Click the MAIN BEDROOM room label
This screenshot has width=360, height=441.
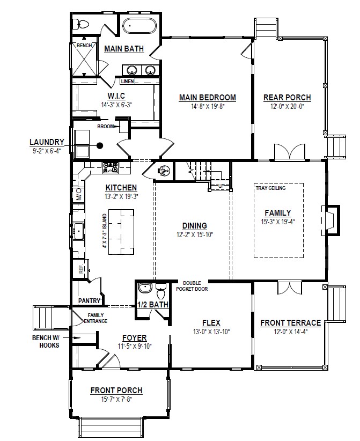[x=207, y=97]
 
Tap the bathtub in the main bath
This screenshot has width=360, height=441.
[x=139, y=27]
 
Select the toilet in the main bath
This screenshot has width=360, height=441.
[x=82, y=24]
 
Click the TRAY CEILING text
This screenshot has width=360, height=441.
[x=270, y=188]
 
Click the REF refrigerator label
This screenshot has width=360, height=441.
[x=82, y=269]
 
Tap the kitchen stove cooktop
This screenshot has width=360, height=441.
[x=110, y=167]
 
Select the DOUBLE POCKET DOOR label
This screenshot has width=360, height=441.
[x=192, y=286]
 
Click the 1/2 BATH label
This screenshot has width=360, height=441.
[x=153, y=305]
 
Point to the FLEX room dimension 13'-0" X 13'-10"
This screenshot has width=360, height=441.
[x=211, y=332]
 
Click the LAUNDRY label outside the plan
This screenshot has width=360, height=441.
[x=47, y=142]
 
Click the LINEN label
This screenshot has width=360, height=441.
[x=127, y=82]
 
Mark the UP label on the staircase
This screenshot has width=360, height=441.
[x=222, y=186]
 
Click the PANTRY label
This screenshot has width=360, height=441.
[x=90, y=301]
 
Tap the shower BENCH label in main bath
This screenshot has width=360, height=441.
[x=84, y=46]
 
